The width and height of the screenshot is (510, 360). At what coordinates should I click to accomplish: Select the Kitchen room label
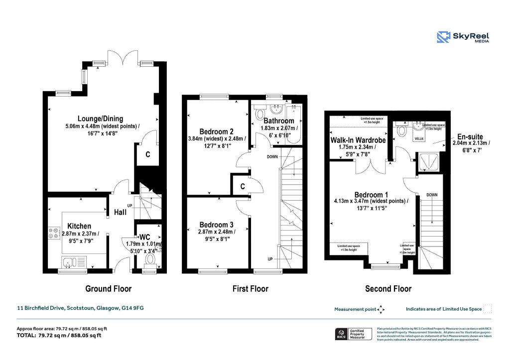click(80, 226)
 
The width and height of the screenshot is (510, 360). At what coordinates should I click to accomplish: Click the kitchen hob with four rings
click(53, 234)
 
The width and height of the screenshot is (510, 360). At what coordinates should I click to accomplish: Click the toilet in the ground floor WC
click(149, 260)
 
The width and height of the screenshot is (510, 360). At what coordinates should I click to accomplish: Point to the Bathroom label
click(278, 121)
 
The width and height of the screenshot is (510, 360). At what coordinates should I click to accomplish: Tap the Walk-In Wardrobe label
click(358, 140)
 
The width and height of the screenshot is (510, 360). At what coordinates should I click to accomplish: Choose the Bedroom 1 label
click(371, 194)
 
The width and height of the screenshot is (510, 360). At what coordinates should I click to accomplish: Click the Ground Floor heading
click(108, 289)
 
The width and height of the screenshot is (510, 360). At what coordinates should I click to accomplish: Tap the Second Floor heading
click(388, 289)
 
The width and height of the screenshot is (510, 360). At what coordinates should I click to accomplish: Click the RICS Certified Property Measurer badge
click(353, 334)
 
